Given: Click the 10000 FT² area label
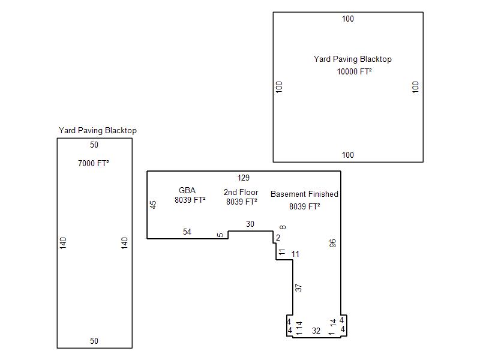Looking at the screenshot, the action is [354, 71].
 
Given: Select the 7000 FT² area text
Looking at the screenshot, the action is [94, 163].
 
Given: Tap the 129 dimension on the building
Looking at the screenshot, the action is [244, 178].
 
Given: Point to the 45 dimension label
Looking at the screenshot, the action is [153, 205].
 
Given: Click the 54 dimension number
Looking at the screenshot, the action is [187, 232].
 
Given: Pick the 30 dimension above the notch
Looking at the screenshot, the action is [250, 224].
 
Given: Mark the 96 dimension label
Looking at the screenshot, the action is [332, 244].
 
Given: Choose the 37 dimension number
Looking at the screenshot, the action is [298, 288].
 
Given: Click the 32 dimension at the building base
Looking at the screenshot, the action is [316, 331].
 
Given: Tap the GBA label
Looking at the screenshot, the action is [187, 190].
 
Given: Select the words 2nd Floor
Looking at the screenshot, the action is [241, 192].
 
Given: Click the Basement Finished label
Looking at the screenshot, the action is [304, 194].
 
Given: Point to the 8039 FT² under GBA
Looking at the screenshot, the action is [190, 200].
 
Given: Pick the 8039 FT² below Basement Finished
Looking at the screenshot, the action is [305, 206].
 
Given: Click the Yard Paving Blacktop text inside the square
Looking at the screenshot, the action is [353, 59].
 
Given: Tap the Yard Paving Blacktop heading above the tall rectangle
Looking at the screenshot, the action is [98, 131].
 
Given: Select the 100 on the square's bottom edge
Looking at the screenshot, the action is [348, 155].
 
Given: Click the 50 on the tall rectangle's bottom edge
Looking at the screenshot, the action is [94, 341].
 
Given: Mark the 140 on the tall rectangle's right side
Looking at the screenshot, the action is [124, 243].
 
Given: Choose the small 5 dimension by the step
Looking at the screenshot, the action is [220, 235].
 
